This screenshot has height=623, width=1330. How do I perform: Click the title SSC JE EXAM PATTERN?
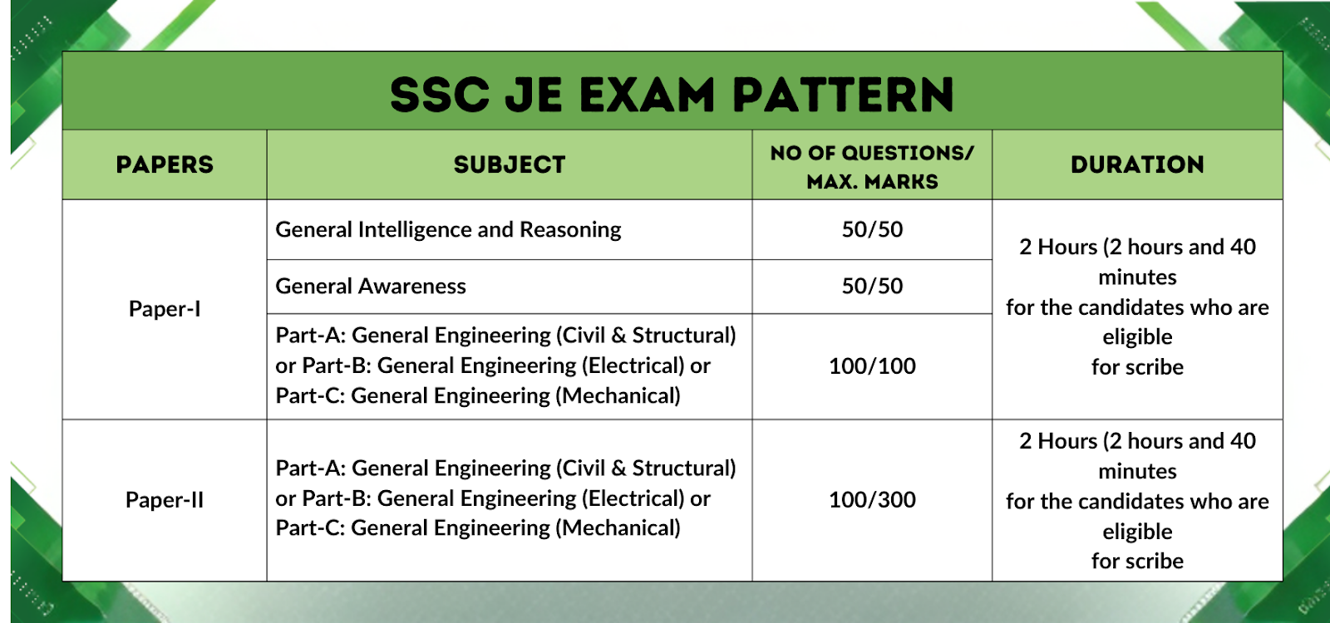[x=672, y=95]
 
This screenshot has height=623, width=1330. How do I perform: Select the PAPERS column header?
[x=165, y=164]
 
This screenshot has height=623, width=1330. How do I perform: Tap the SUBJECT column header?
[x=510, y=164]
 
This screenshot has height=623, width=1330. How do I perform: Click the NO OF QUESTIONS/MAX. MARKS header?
[x=872, y=167]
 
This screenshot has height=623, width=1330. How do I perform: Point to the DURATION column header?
[x=1137, y=164]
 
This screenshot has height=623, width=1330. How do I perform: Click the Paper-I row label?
[x=165, y=308]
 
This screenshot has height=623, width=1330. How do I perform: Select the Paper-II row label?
[x=165, y=499]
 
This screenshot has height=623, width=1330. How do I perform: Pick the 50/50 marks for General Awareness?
[x=872, y=286]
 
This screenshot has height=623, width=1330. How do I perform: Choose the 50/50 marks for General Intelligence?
[x=872, y=229]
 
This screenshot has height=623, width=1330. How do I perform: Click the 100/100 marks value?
[x=872, y=366]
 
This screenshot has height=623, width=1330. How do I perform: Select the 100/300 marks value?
[x=872, y=499]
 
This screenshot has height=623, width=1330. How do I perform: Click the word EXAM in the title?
[x=647, y=95]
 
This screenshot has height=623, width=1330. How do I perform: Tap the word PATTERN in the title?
[x=843, y=95]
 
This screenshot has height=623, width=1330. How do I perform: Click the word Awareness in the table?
[x=412, y=286]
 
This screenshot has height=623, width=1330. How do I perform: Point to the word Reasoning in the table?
[x=570, y=230]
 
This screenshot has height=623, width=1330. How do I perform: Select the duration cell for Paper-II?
[x=1137, y=501]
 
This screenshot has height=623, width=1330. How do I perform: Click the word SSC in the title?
[x=440, y=95]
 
